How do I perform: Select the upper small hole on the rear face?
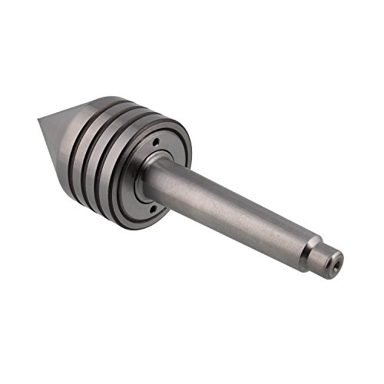click(x=154, y=143)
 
